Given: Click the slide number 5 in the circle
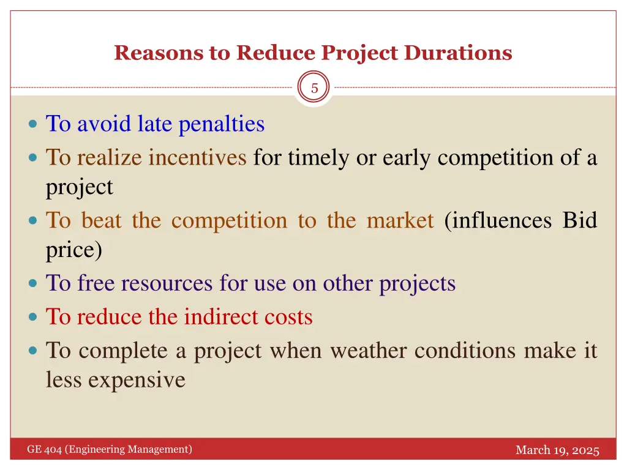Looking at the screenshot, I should [x=314, y=89].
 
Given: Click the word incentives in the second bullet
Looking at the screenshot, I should [x=197, y=158].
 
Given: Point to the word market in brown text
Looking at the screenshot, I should [x=400, y=220].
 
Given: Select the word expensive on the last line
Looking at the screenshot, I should [x=136, y=380].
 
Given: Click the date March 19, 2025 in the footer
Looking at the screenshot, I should [x=557, y=450].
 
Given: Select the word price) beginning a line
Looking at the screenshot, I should [x=74, y=250].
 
